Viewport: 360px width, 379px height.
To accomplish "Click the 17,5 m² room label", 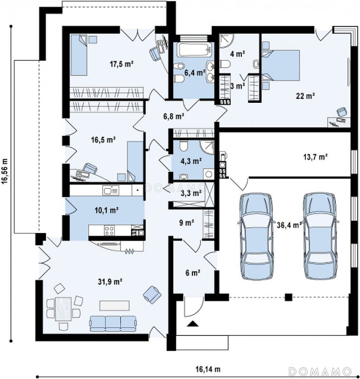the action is (x=122, y=64).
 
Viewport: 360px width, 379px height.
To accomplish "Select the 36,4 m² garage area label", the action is (x=289, y=225).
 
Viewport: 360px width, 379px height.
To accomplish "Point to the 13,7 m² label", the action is (x=315, y=157).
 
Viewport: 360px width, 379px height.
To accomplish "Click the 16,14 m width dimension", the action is (x=208, y=369).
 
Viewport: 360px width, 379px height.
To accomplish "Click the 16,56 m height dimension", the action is (x=5, y=171).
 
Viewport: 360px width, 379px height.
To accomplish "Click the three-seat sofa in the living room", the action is (x=113, y=324).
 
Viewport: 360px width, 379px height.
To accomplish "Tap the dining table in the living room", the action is (x=63, y=309).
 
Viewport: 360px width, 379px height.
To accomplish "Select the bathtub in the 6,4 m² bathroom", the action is (x=194, y=50).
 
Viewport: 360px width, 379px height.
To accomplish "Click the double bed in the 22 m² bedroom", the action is (x=281, y=65).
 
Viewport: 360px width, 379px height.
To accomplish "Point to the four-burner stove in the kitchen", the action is (x=109, y=230).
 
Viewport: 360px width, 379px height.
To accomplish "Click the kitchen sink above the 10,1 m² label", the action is (x=111, y=191).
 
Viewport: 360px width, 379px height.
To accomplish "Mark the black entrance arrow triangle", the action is (x=193, y=324).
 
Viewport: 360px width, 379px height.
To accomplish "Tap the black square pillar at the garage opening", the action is (x=288, y=297).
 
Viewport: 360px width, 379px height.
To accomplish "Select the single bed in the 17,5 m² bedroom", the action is (x=78, y=55).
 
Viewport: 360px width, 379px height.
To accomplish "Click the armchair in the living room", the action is (x=152, y=294).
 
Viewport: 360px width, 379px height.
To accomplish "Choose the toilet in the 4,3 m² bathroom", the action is (x=184, y=145).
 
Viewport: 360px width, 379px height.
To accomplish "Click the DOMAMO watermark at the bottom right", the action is (x=320, y=371).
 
